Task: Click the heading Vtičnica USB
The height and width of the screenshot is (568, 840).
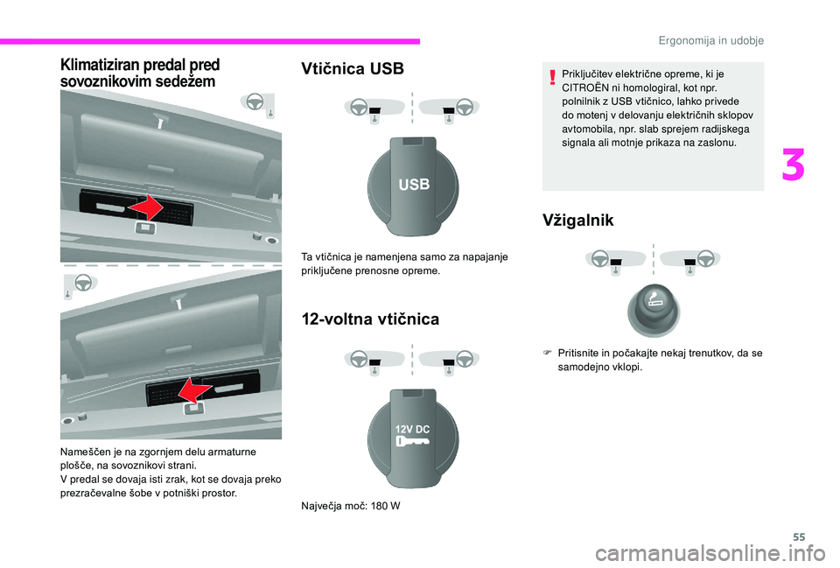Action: click(x=352, y=69)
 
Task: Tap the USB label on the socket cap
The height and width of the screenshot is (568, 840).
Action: click(x=414, y=185)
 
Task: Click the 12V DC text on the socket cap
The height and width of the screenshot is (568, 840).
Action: click(x=412, y=429)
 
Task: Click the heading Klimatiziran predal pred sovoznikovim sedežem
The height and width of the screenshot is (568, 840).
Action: click(x=140, y=72)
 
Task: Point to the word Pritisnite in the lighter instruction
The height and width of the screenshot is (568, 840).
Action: click(x=583, y=353)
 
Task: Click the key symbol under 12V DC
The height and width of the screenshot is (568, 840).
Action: click(x=412, y=443)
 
